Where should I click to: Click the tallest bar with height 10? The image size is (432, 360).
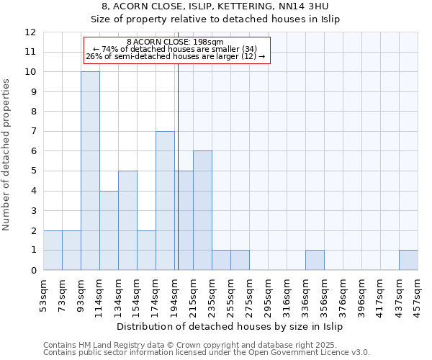[x=90, y=171]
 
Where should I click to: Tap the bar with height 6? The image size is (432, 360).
[x=202, y=210]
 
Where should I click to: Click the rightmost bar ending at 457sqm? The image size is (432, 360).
[x=408, y=260]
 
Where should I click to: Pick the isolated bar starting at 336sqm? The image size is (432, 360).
[x=315, y=260]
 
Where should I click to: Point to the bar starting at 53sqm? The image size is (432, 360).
[x=53, y=251]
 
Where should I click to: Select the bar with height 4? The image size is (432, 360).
[x=109, y=230]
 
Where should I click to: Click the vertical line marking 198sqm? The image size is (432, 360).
[x=178, y=166]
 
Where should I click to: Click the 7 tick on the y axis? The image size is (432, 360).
[x=33, y=132]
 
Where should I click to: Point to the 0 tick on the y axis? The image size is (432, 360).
[x=33, y=271]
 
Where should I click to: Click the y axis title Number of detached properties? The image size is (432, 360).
[x=7, y=156]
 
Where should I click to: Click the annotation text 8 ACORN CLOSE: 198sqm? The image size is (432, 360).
[x=176, y=42]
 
